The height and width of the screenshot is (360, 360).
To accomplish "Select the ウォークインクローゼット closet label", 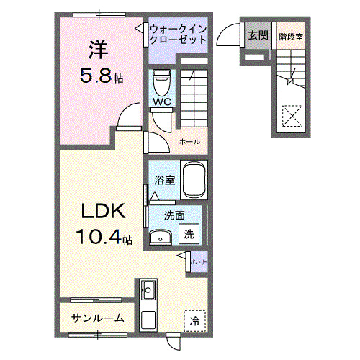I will pyautogui.click(x=179, y=35).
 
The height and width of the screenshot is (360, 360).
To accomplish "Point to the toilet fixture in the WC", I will pyautogui.click(x=161, y=79).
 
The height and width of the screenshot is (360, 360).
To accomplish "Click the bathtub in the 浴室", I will pyautogui.click(x=194, y=180).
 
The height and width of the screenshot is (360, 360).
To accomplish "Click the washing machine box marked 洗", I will pyautogui.click(x=188, y=233).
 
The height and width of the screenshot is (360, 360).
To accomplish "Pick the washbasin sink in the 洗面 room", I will pyautogui.click(x=160, y=236).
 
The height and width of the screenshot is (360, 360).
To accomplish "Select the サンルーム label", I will pyautogui.click(x=97, y=318).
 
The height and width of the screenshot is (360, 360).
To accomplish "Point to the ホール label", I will pyautogui.click(x=189, y=141).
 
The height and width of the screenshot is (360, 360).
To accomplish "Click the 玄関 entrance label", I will pyautogui.click(x=257, y=35).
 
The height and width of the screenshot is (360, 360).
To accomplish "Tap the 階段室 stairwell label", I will pyautogui.click(x=290, y=35).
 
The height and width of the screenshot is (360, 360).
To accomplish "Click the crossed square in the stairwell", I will pyautogui.click(x=292, y=115).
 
